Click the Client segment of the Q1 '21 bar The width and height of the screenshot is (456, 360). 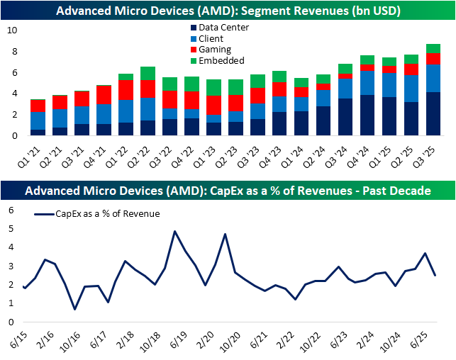click(x=37, y=120)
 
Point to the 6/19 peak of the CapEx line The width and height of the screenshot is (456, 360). click(x=174, y=232)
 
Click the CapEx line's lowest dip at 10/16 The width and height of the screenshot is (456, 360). click(x=75, y=309)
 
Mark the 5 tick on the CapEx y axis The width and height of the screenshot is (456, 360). click(x=12, y=228)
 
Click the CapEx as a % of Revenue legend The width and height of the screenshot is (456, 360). click(x=97, y=213)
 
